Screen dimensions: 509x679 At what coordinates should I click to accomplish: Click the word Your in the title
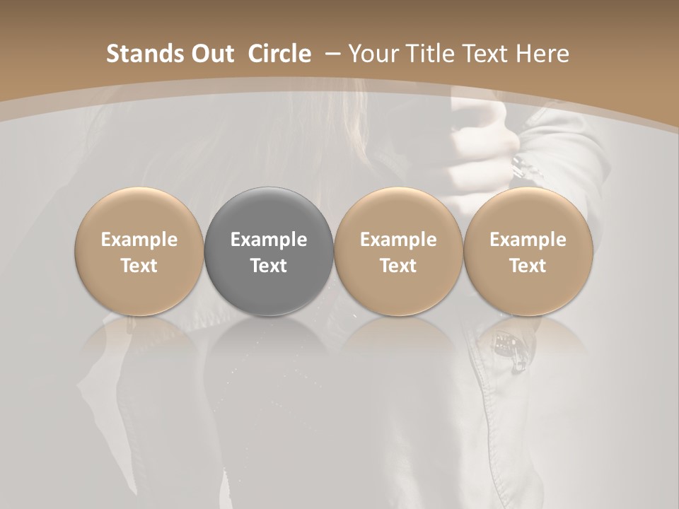[373, 54]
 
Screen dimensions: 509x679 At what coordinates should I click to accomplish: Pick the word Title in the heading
[427, 54]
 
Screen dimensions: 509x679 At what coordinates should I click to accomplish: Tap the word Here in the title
[543, 54]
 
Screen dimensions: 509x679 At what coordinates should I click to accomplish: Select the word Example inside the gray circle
[269, 240]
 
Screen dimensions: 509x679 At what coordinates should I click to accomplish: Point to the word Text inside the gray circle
[269, 266]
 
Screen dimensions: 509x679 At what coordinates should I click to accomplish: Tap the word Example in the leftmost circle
[139, 240]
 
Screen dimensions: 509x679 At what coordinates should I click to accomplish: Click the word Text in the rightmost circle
[528, 266]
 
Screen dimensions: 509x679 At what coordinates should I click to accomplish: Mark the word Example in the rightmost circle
[528, 240]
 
